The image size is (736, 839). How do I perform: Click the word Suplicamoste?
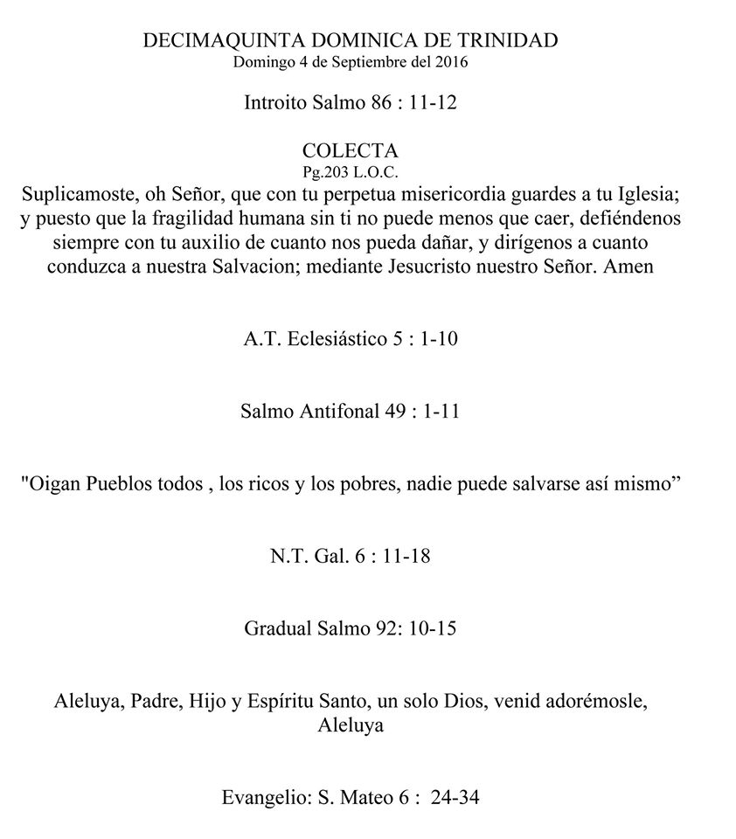(x=83, y=190)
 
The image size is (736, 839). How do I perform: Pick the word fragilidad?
(x=218, y=215)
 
